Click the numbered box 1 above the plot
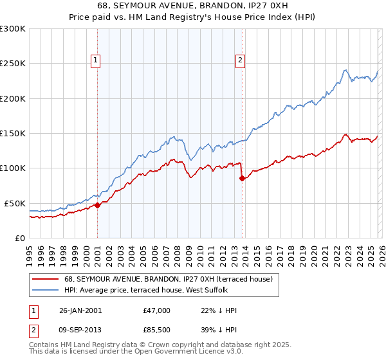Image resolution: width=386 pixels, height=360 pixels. pos(95,61)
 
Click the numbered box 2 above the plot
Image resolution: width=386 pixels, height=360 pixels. pos(240,61)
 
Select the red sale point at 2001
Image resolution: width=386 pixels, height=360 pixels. pos(97,205)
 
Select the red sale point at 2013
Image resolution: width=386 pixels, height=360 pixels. pos(242,178)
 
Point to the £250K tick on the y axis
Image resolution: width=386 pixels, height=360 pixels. pos(13,64)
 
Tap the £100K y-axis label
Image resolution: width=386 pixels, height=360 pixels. pos(13,168)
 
